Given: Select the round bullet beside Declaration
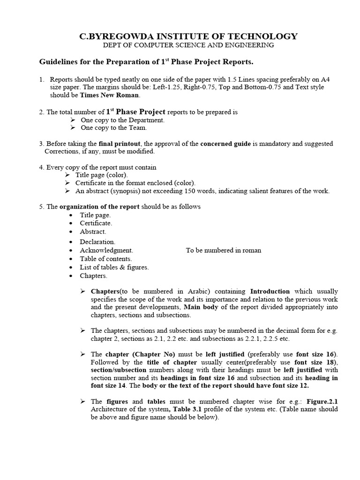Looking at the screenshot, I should click(x=70, y=242).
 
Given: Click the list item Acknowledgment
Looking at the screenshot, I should click(x=106, y=250).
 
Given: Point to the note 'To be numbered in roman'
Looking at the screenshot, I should click(x=224, y=250).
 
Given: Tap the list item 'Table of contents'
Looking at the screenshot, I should click(x=105, y=259).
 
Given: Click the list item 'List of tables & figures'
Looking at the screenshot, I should click(x=114, y=267).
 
